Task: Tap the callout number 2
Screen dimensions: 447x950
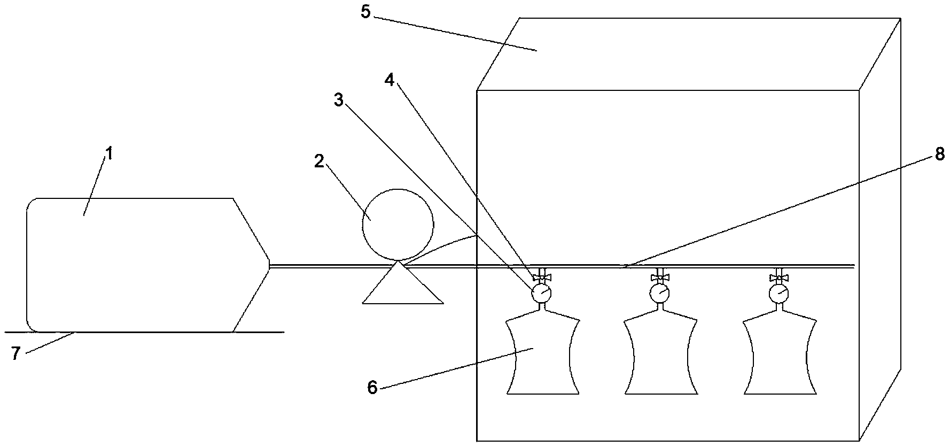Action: point(319,162)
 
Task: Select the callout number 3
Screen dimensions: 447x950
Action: point(339,99)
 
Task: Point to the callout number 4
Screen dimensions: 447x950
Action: point(390,80)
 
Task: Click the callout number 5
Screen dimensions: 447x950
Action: point(365,12)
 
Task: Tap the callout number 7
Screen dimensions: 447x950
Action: point(16,353)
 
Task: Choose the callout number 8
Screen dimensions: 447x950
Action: point(940,154)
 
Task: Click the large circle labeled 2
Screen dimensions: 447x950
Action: point(398,223)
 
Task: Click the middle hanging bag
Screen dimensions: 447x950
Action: point(661,356)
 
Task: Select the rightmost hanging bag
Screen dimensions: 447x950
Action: point(780,356)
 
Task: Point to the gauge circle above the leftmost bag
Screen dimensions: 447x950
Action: point(541,292)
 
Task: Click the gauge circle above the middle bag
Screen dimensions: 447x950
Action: point(660,292)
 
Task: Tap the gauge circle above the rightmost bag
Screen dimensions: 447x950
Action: point(779,292)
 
